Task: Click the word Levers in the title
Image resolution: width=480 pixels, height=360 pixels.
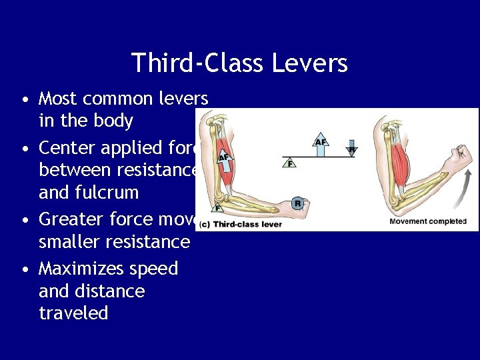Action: [309, 63]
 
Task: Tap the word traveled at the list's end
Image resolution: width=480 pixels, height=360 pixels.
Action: [73, 313]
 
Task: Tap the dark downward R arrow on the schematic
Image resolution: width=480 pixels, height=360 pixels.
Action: [351, 147]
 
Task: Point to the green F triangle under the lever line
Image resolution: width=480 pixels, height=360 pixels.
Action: [289, 162]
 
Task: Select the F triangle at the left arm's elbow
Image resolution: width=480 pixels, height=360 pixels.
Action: [217, 207]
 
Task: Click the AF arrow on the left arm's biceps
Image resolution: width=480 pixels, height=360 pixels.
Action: [223, 157]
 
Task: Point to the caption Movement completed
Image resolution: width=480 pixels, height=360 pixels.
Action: [427, 221]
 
